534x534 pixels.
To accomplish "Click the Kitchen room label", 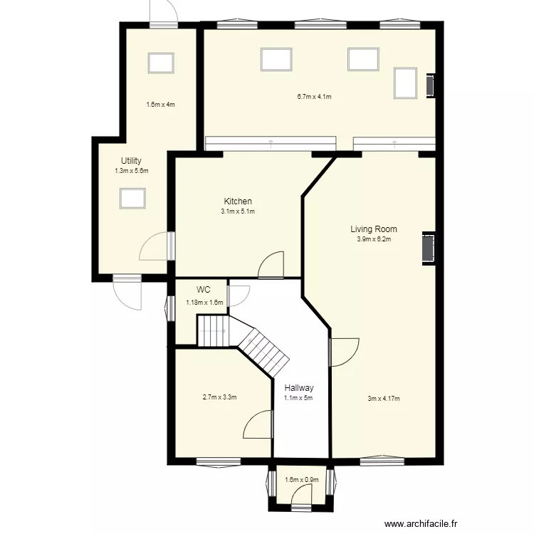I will pyautogui.click(x=237, y=201).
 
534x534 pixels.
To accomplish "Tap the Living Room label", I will pyautogui.click(x=373, y=229).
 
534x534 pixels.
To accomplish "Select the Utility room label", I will pyautogui.click(x=131, y=161).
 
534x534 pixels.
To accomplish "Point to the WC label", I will pyautogui.click(x=204, y=290).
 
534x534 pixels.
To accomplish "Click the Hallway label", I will pyautogui.click(x=299, y=388).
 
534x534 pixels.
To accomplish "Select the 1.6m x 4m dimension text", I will pyautogui.click(x=160, y=105).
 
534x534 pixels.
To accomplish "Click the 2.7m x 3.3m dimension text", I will pyautogui.click(x=219, y=397).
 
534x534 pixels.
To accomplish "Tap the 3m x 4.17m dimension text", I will pyautogui.click(x=383, y=398).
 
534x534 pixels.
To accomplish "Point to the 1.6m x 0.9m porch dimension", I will pyautogui.click(x=300, y=480).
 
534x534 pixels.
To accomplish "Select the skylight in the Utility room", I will pyautogui.click(x=132, y=198).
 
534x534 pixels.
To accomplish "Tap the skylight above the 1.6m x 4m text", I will pyautogui.click(x=160, y=63).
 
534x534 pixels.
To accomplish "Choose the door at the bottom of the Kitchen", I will pyautogui.click(x=271, y=265).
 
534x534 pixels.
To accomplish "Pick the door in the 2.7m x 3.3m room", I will pyautogui.click(x=258, y=425).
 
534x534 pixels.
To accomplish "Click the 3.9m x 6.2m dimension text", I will pyautogui.click(x=374, y=239).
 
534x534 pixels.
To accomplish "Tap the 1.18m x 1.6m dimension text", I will pyautogui.click(x=204, y=302).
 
